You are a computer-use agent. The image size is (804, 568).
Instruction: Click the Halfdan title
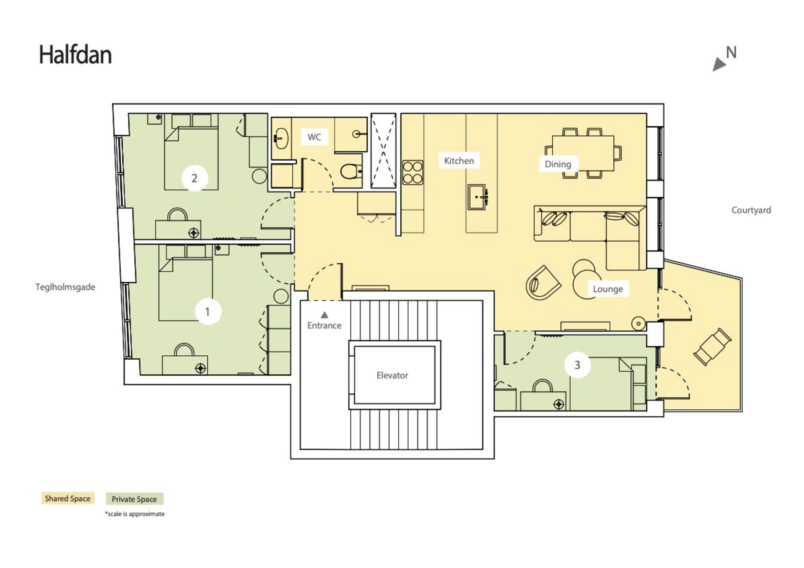(75, 55)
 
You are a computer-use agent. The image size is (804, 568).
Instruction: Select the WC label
(314, 137)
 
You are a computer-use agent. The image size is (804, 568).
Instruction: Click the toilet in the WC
(351, 171)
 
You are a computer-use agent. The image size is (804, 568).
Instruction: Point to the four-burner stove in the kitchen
(412, 172)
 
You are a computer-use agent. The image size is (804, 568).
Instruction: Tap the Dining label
(558, 164)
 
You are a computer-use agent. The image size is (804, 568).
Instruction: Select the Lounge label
(608, 289)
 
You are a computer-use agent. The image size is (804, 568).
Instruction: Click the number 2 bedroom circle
(194, 178)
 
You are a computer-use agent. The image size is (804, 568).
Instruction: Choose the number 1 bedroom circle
(208, 312)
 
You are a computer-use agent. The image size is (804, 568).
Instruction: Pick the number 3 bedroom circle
(577, 365)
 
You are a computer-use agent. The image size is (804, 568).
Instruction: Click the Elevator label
(392, 375)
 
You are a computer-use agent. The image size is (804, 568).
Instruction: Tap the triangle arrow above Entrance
(324, 315)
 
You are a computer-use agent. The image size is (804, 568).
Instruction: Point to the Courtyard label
(751, 210)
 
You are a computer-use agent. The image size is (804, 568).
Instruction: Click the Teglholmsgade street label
(65, 287)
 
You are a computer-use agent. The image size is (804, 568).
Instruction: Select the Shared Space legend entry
(67, 499)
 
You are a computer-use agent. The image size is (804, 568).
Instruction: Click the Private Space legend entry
(134, 499)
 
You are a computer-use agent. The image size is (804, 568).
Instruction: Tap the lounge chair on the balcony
(712, 347)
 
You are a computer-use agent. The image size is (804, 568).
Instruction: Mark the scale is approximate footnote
(135, 514)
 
